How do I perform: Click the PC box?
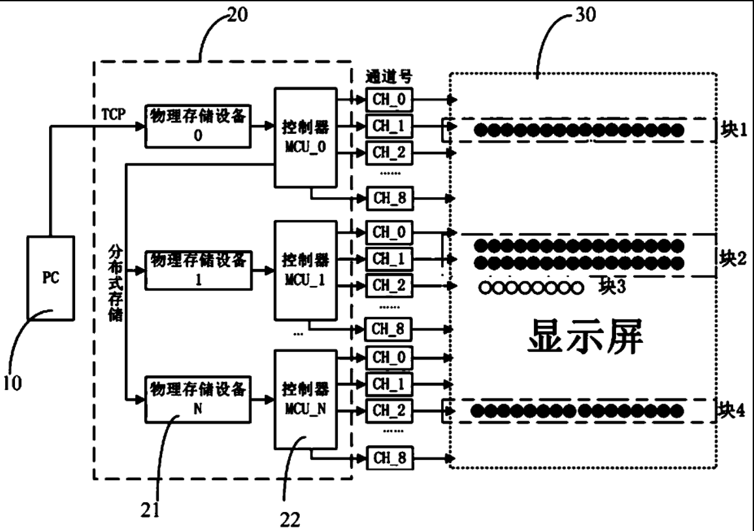(x=50, y=277)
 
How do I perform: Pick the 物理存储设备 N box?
(x=197, y=399)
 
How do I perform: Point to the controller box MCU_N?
(x=304, y=398)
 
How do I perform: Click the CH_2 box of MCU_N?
(x=389, y=410)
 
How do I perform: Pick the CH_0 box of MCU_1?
(x=389, y=232)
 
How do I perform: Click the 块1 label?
(x=734, y=129)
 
